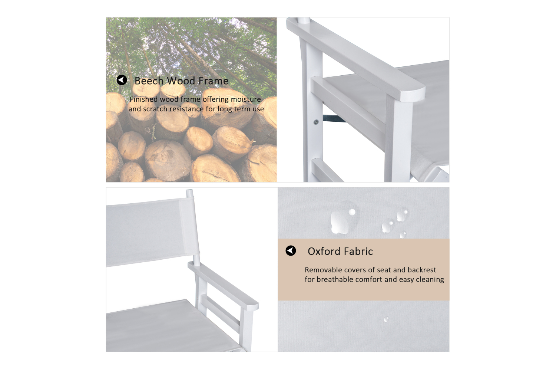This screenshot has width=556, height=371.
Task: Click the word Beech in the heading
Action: (149, 81)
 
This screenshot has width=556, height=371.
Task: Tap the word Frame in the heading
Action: (214, 81)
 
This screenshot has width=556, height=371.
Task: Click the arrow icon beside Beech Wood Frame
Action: (122, 80)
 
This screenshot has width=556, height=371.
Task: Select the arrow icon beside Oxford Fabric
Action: (291, 250)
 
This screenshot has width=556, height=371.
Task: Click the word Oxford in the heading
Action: (324, 251)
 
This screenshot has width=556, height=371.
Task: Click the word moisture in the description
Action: (246, 99)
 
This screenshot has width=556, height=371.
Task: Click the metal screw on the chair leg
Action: (316, 122)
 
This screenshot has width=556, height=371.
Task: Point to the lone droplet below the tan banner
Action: (386, 319)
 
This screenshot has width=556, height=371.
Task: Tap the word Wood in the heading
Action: (181, 81)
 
